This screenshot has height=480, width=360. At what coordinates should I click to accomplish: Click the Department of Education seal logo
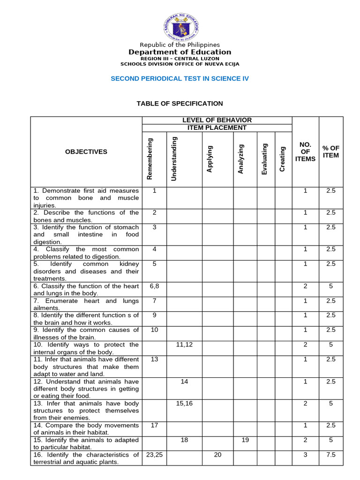click(x=180, y=27)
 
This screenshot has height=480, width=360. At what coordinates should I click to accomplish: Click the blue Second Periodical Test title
click(x=180, y=79)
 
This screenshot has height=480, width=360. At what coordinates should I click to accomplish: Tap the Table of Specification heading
click(x=180, y=104)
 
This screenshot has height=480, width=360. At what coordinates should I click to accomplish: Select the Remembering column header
click(x=150, y=158)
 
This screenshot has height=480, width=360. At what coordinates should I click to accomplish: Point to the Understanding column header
click(x=174, y=158)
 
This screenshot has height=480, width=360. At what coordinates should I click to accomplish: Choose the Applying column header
click(x=210, y=159)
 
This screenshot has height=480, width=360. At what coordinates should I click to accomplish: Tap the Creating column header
click(x=282, y=159)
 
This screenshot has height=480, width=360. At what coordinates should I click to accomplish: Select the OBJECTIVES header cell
click(x=86, y=152)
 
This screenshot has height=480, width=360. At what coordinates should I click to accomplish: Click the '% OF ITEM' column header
click(x=331, y=152)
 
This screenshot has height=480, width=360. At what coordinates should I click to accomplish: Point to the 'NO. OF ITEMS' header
click(x=306, y=151)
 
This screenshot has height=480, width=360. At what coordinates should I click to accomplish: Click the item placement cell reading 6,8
click(x=154, y=286)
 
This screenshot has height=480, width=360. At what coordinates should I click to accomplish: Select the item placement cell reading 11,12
click(x=184, y=345)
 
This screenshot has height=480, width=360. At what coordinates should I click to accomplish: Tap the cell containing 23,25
click(x=154, y=455)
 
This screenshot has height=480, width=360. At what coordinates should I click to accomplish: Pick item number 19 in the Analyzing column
click(x=245, y=440)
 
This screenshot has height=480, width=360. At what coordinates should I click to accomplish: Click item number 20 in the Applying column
click(x=217, y=455)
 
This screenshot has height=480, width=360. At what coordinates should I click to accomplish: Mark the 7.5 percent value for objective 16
click(x=331, y=455)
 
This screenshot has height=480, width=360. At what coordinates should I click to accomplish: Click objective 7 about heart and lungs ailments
click(x=86, y=304)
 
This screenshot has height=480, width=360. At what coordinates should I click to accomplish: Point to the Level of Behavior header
click(x=217, y=120)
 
